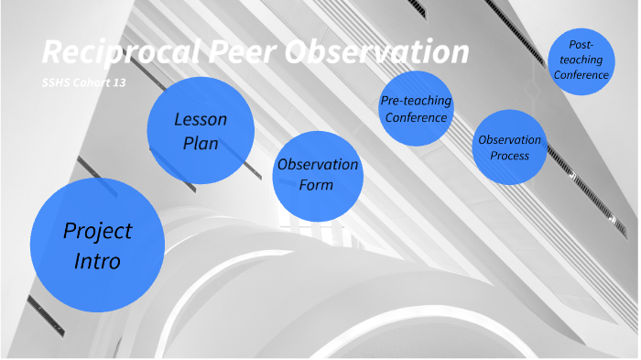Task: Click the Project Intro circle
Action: [96, 244]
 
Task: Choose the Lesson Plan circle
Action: [201, 131]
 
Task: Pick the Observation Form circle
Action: [317, 175]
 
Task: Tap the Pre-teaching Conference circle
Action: [416, 108]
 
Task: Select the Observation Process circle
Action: [509, 147]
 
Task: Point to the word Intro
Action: [97, 261]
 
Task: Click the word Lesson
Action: [201, 120]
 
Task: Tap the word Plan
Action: [201, 144]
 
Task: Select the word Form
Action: [317, 185]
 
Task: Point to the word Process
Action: [509, 156]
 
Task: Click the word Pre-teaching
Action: [416, 101]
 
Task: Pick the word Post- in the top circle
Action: [581, 43]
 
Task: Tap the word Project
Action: [97, 231]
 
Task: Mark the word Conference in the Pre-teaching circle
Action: [416, 117]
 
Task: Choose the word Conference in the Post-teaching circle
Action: [581, 75]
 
